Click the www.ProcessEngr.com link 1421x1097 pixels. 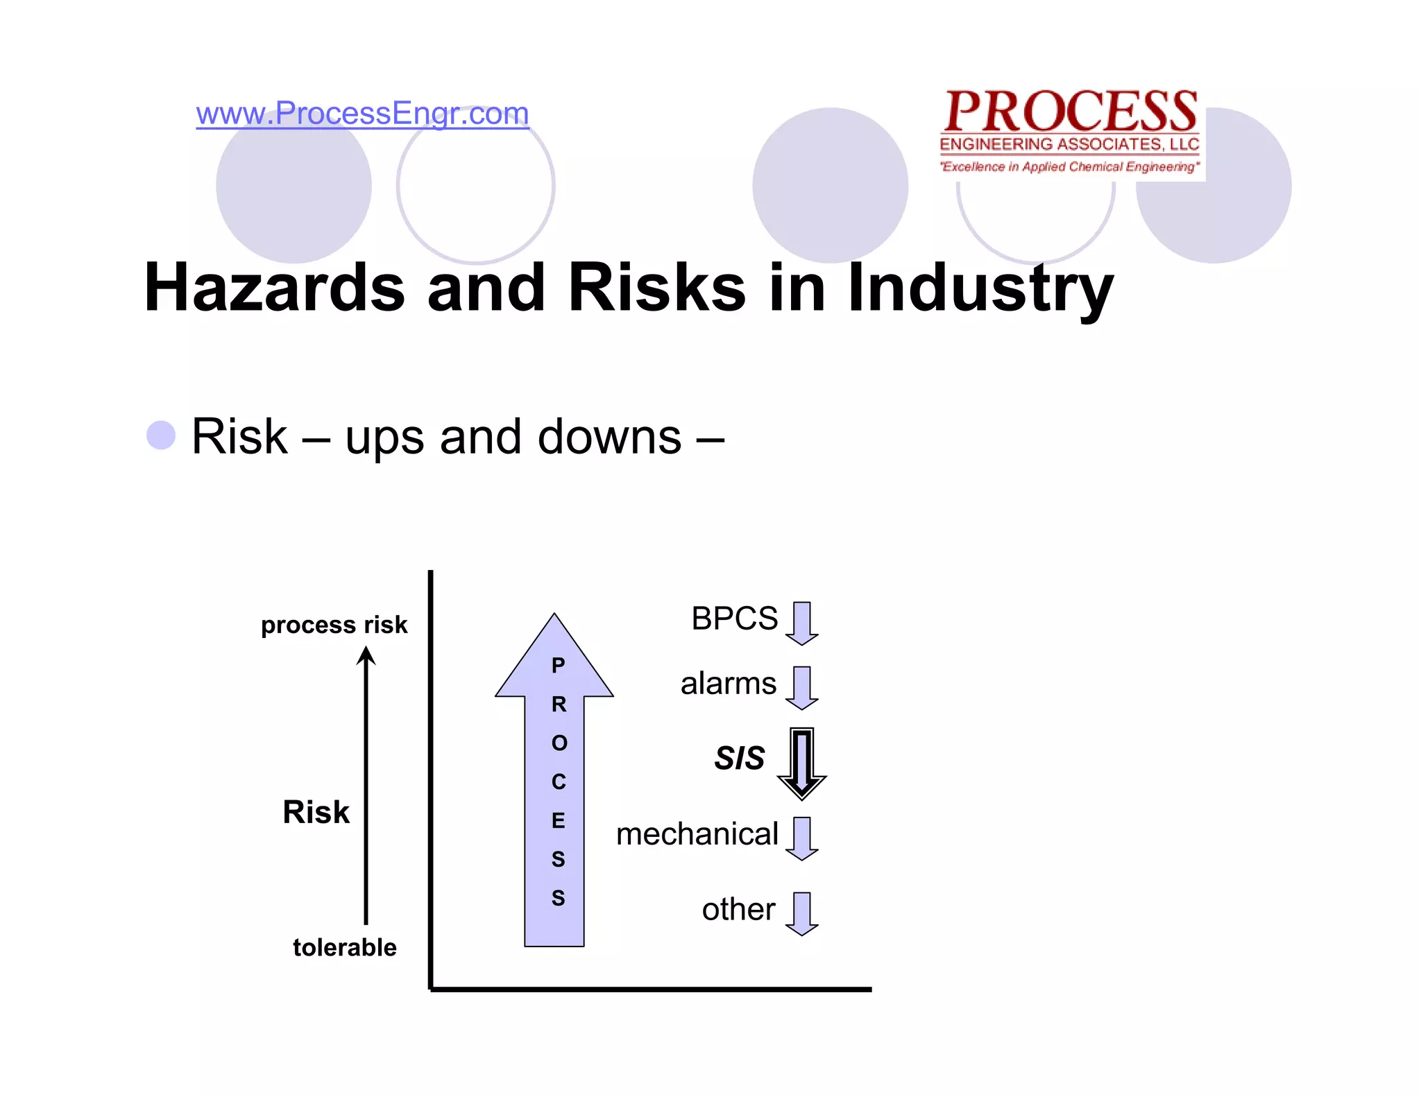[x=362, y=113]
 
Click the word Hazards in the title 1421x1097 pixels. [x=275, y=287]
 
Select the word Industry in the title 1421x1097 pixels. [x=980, y=287]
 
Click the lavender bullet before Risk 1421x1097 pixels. [x=161, y=435]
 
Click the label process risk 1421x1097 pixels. [x=334, y=625]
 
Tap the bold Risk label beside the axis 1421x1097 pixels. [x=316, y=812]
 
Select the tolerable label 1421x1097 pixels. [x=344, y=947]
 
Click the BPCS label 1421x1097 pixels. [x=734, y=619]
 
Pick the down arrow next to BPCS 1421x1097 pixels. [x=802, y=623]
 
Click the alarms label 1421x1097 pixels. [x=728, y=684]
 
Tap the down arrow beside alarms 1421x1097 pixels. [x=802, y=687]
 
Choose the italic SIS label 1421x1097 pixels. [x=740, y=758]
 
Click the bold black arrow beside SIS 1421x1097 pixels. [x=802, y=763]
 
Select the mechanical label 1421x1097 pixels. [x=697, y=834]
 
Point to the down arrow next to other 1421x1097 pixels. [x=802, y=913]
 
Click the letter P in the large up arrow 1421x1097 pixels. [x=558, y=666]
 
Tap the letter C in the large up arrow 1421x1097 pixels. [x=559, y=782]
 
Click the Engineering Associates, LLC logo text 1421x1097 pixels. [x=1069, y=145]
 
